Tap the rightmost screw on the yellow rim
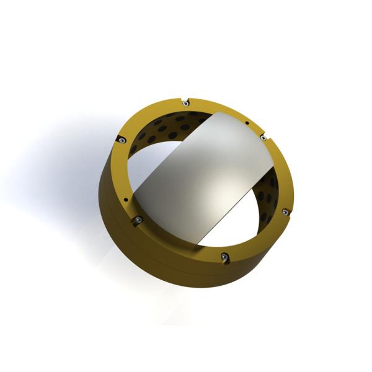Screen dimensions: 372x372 tap(285, 212)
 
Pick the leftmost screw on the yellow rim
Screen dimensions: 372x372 tap(123, 141)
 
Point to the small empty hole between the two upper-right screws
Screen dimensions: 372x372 tap(247, 122)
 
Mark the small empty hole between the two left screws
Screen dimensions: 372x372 tap(126, 200)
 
